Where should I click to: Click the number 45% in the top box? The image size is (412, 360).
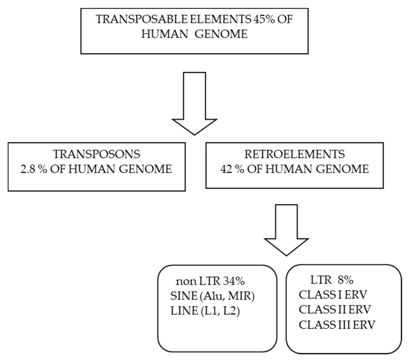tap(264, 19)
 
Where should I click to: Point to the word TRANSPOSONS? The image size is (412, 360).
tap(97, 154)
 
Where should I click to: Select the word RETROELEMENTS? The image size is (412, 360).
tap(295, 154)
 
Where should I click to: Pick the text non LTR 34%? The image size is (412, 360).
tap(210, 281)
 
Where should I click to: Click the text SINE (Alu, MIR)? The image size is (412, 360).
tap(213, 296)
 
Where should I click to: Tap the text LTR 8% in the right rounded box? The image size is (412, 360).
tap(332, 280)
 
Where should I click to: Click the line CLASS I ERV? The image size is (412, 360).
tap(333, 295)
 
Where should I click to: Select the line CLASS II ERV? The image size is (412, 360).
tap(335, 310)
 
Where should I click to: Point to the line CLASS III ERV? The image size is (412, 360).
tap(337, 325)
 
